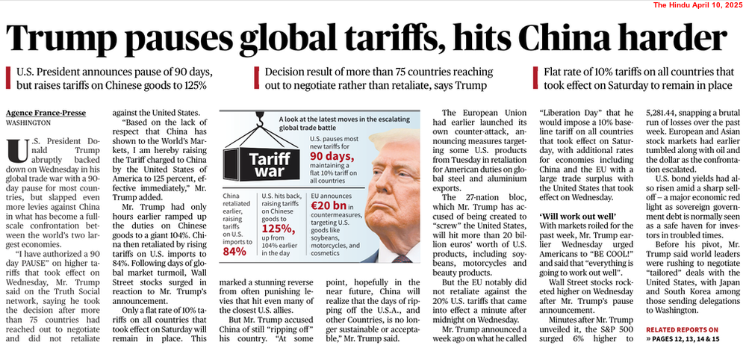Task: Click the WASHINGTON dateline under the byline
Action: [x=29, y=122]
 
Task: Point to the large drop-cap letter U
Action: [x=15, y=151]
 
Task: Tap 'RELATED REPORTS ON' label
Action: [x=683, y=329]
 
